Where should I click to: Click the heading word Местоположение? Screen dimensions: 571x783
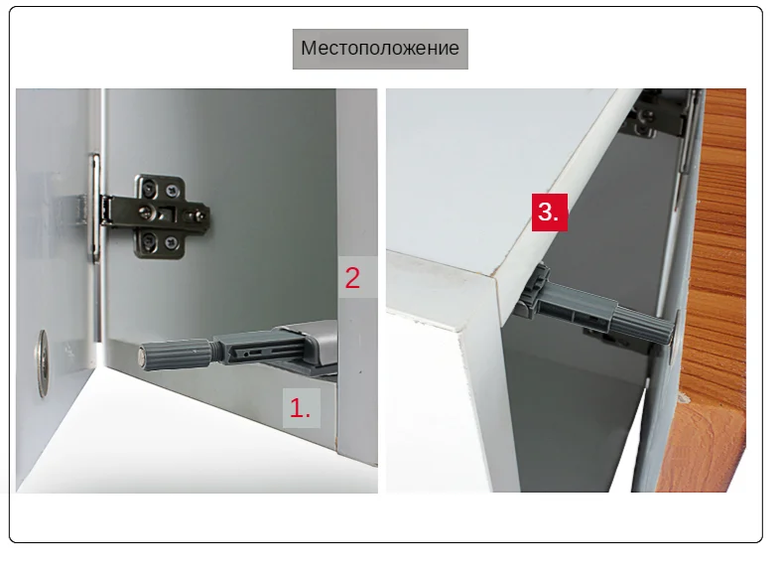[379, 49]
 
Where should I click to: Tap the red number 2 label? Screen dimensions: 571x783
[352, 277]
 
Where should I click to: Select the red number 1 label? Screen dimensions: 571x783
[300, 407]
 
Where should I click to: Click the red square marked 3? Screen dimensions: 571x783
[550, 212]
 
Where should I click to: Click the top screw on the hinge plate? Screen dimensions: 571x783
[150, 186]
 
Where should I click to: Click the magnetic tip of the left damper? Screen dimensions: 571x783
[144, 353]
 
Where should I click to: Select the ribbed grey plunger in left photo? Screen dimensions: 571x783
[179, 351]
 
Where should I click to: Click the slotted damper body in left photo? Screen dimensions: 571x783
[258, 349]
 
